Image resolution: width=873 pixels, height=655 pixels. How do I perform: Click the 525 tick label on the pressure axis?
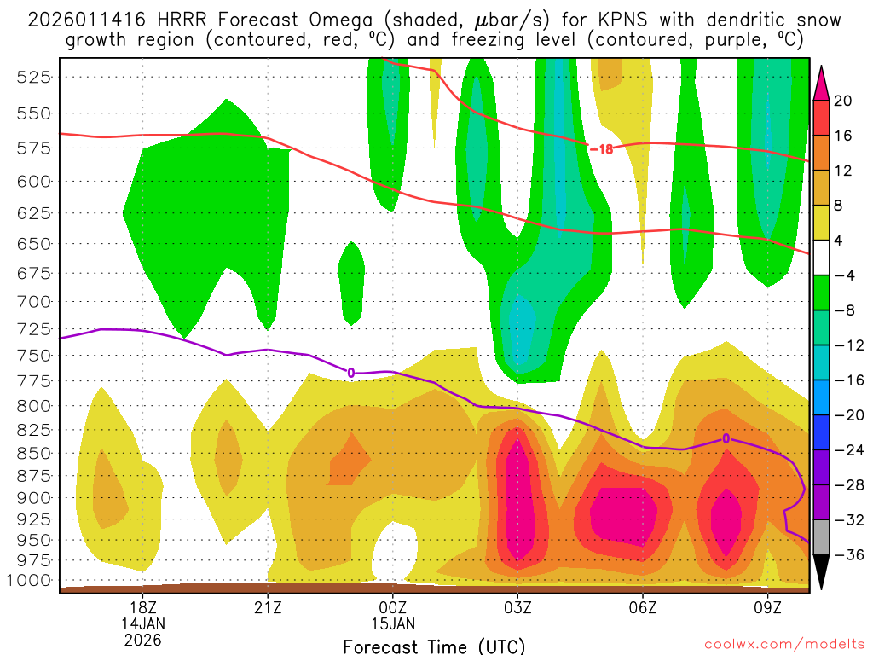(x=34, y=77)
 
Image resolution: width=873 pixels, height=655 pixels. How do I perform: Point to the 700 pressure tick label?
(x=34, y=301)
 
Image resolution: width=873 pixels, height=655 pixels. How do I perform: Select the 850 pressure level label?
(x=34, y=453)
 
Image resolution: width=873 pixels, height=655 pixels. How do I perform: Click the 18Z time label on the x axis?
(x=142, y=609)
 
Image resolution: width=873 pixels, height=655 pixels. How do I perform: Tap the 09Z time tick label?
(x=768, y=609)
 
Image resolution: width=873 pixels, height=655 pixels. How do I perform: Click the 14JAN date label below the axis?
(x=142, y=623)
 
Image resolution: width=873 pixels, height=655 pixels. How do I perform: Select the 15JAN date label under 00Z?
(x=393, y=623)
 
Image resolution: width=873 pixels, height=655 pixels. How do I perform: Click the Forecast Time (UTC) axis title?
(x=434, y=646)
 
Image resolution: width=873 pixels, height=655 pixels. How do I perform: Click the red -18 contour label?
(x=601, y=148)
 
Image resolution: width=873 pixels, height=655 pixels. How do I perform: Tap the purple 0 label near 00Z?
(x=350, y=373)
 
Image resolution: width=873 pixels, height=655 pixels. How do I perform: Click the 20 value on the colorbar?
(x=843, y=101)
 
